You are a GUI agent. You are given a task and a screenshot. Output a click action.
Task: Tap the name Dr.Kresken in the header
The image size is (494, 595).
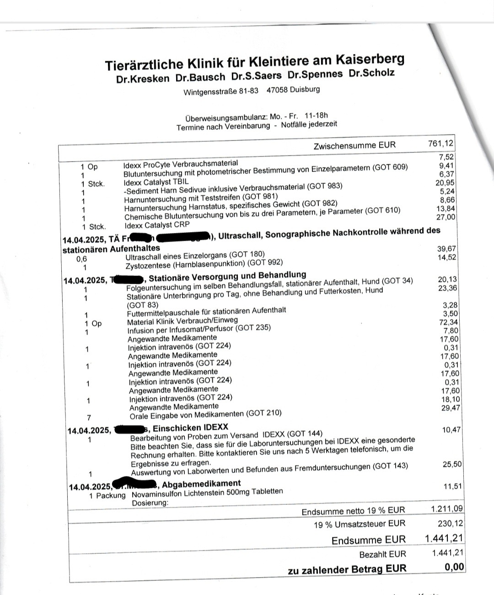(142, 78)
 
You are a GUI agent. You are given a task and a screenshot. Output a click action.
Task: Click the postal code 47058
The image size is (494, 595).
(277, 90)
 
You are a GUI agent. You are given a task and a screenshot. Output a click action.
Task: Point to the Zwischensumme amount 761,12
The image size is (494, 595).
(440, 144)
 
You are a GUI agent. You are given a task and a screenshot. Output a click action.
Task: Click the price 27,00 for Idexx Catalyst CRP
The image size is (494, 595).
(446, 217)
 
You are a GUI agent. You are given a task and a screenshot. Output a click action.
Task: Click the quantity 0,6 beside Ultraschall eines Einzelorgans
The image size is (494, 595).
(82, 259)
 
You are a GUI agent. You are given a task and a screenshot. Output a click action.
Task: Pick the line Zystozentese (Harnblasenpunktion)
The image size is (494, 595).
(204, 262)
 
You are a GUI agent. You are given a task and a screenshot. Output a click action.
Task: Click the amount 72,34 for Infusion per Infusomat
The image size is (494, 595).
(447, 322)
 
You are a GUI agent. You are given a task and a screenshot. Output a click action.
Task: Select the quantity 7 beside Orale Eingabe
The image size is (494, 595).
(89, 417)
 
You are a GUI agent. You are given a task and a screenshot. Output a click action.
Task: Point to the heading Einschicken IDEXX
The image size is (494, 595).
(190, 428)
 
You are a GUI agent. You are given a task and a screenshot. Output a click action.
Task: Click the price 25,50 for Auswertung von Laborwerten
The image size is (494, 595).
(452, 464)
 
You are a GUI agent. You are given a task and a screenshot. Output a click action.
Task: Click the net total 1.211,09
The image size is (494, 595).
(446, 508)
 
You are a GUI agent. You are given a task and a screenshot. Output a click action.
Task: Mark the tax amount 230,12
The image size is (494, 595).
(450, 523)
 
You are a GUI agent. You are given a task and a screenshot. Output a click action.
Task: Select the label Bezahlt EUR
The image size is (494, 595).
(382, 554)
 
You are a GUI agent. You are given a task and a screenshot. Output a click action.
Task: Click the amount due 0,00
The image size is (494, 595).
(454, 568)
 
